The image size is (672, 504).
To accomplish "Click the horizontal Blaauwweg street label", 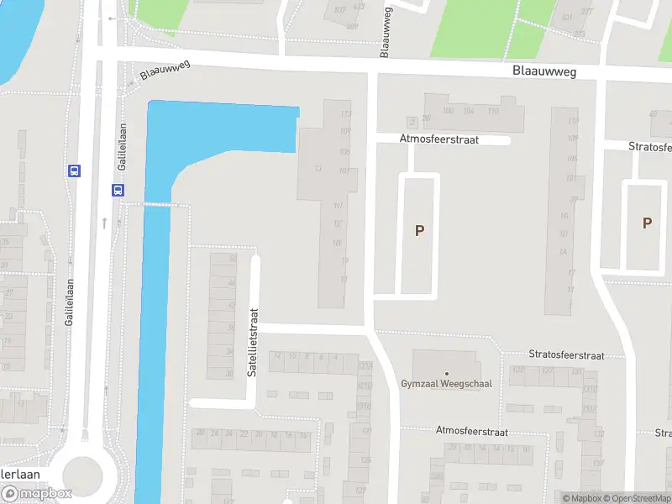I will [544, 72].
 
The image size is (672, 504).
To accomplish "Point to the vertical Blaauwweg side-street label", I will [385, 34].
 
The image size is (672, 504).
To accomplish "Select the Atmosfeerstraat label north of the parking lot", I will [439, 139].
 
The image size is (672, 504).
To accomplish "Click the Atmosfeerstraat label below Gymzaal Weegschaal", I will [472, 431].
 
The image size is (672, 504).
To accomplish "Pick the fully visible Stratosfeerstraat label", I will [567, 355].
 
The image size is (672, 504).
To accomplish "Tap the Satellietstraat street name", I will [251, 343].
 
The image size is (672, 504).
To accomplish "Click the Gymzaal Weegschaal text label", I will [446, 384].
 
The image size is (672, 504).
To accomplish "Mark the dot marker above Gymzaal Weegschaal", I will [446, 373].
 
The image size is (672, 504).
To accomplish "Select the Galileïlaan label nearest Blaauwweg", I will [122, 148].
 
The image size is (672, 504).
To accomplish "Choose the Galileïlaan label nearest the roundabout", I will [71, 302].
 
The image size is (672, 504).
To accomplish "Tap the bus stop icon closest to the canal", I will [117, 190].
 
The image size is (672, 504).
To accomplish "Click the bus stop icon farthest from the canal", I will [74, 171].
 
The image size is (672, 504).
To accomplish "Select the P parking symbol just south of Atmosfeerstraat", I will [419, 230].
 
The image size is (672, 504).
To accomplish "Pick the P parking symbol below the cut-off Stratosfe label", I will [647, 223].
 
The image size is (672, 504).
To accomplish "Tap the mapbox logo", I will [37, 494].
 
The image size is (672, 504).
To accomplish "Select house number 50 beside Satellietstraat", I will [233, 259].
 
